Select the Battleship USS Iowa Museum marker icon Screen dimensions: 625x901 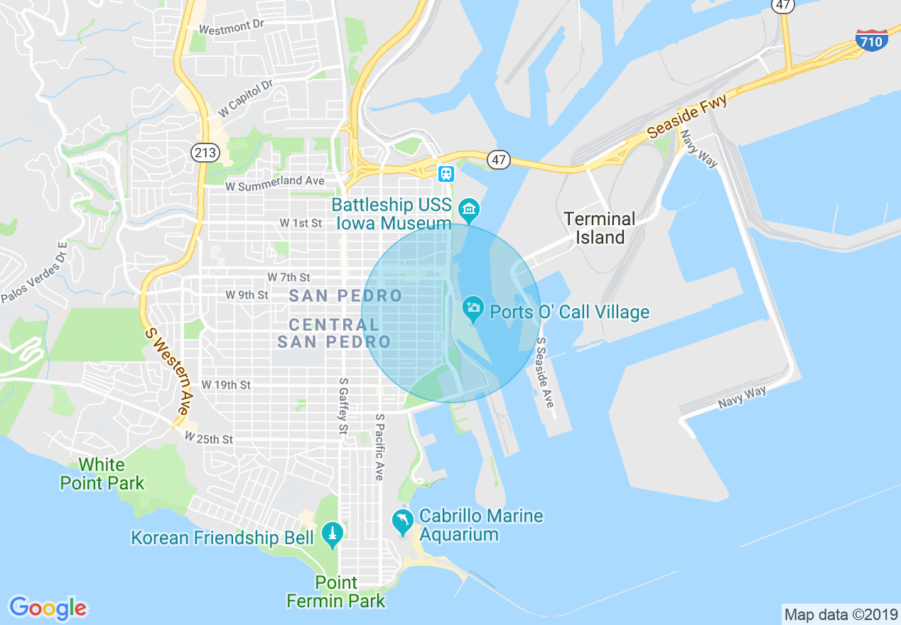pyautogui.click(x=469, y=210)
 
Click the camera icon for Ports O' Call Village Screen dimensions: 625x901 pyautogui.click(x=473, y=309)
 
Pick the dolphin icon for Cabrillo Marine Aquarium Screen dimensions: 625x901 pyautogui.click(x=403, y=523)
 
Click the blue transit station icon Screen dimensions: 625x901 pyautogui.click(x=446, y=173)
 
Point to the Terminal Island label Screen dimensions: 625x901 pyautogui.click(x=600, y=227)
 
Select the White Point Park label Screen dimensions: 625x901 pyautogui.click(x=102, y=474)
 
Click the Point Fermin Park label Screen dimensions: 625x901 pyautogui.click(x=335, y=592)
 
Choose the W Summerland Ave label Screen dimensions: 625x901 pyautogui.click(x=274, y=183)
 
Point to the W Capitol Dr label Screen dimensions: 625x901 pyautogui.click(x=245, y=99)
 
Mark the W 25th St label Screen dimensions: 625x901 pyautogui.click(x=208, y=439)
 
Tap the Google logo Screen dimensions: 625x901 pyautogui.click(x=48, y=607)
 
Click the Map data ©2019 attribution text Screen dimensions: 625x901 pyautogui.click(x=840, y=614)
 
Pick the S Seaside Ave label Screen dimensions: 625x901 pyautogui.click(x=545, y=371)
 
